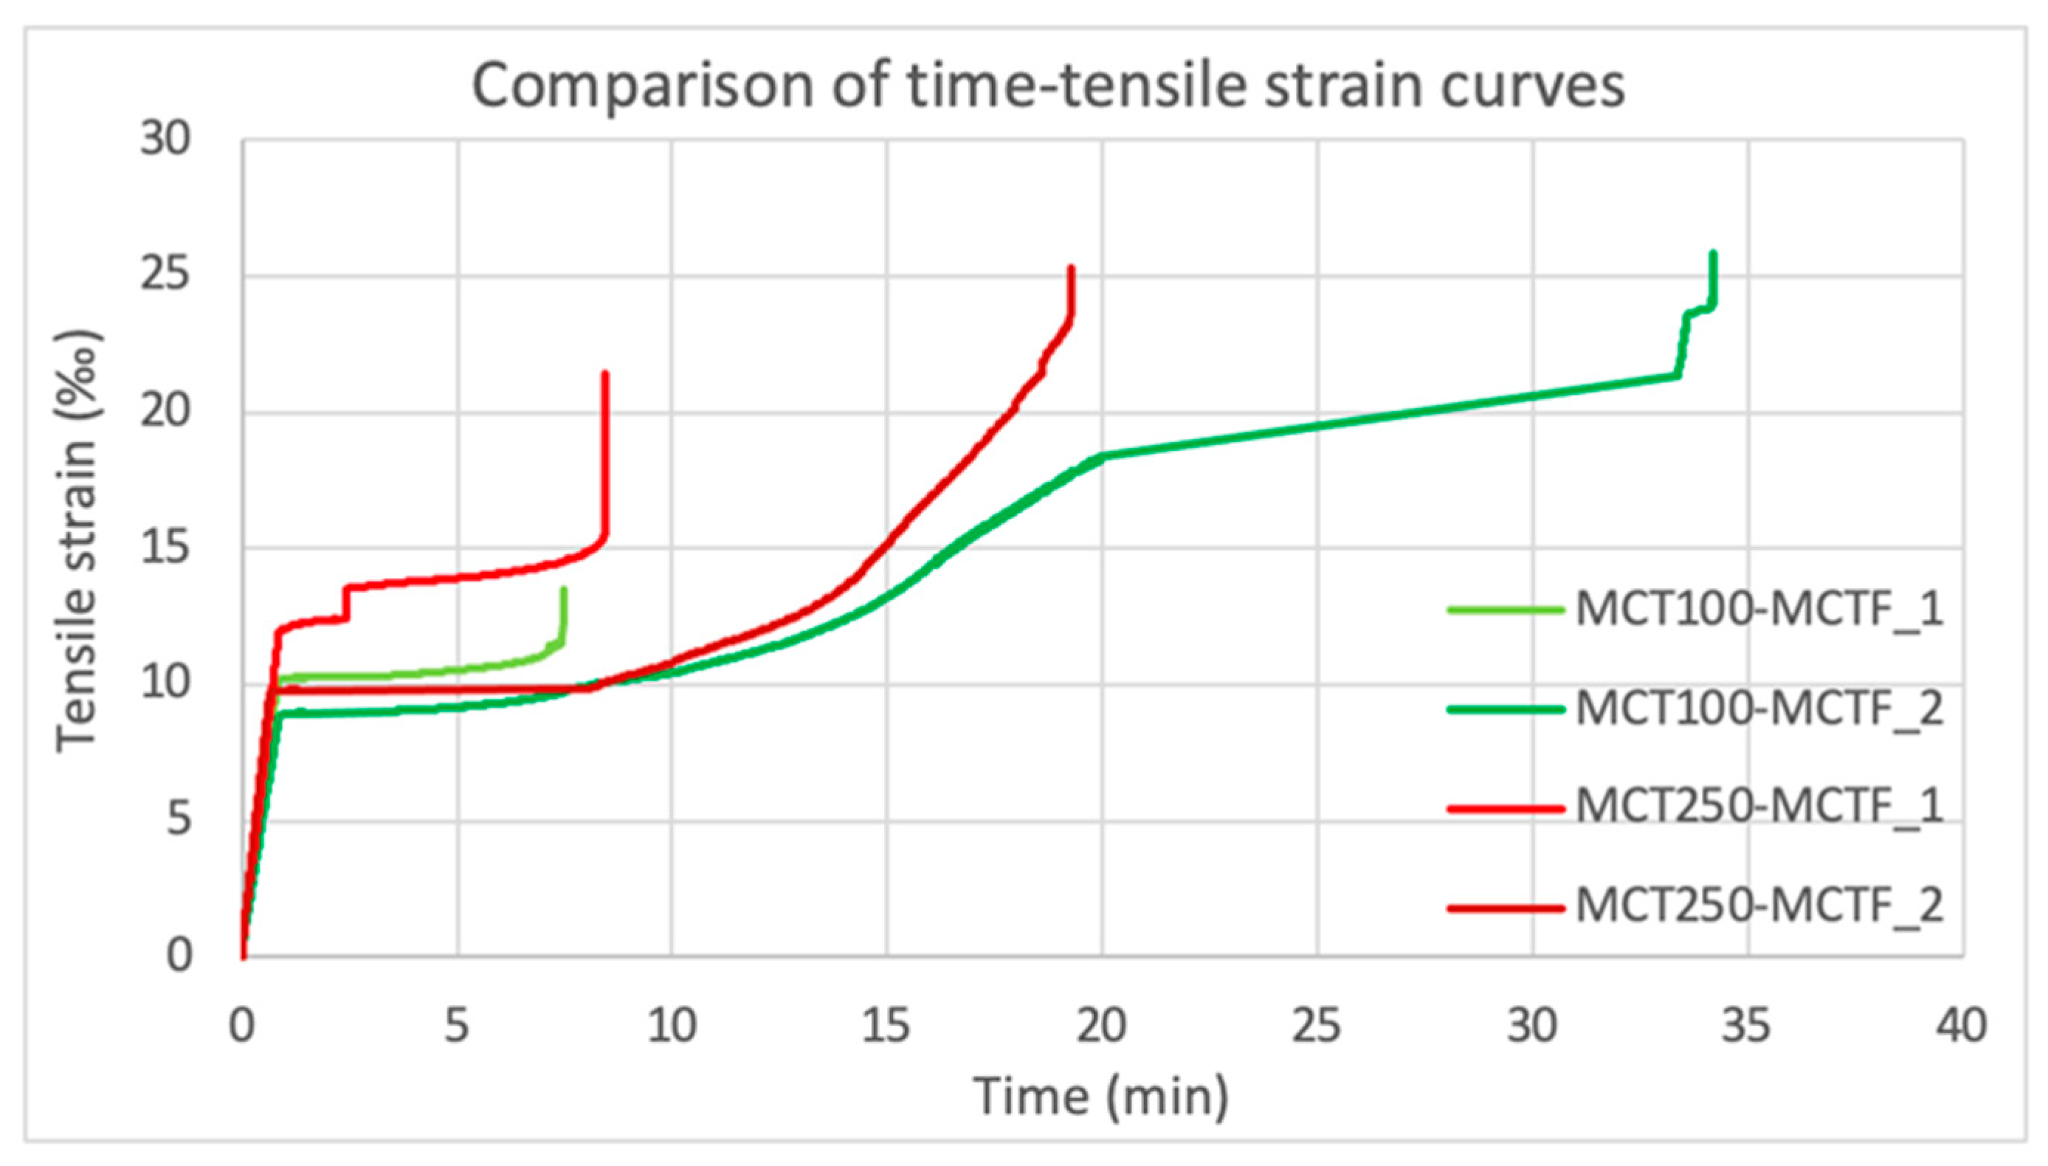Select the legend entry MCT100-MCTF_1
click(x=1759, y=610)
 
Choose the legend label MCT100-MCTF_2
click(x=1759, y=708)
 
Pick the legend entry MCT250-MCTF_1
click(x=1759, y=807)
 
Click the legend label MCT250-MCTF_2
click(x=1759, y=906)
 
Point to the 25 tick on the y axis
click(x=167, y=276)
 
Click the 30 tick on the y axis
click(x=167, y=140)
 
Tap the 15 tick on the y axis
click(x=167, y=548)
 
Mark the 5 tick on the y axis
click(x=179, y=821)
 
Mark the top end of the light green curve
click(x=564, y=590)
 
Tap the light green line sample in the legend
click(x=1505, y=610)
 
